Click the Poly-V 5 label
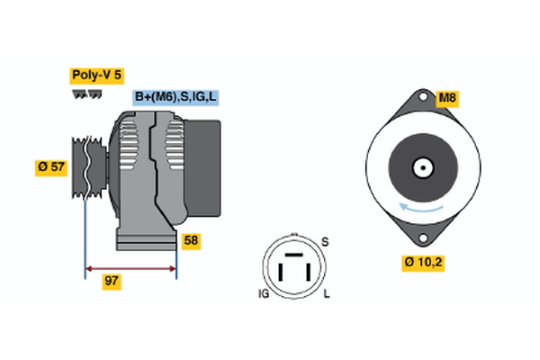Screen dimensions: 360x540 (x=95, y=76)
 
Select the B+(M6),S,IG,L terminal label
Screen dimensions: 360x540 (x=176, y=97)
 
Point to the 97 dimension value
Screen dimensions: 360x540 (x=112, y=281)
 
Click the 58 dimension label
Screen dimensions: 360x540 (x=191, y=240)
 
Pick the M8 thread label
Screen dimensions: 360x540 (x=447, y=97)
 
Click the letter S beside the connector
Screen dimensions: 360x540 (x=326, y=242)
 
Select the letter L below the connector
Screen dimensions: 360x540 (x=328, y=294)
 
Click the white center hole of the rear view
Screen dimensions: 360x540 (x=422, y=167)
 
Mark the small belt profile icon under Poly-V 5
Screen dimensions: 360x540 (x=87, y=94)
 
